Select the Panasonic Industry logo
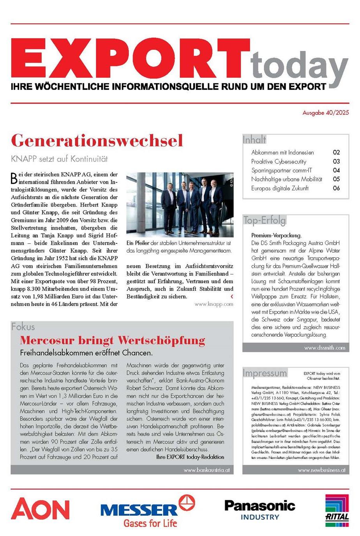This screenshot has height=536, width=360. (x=260, y=510)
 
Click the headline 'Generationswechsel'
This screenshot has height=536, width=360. (x=97, y=141)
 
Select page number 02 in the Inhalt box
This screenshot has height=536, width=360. (x=336, y=153)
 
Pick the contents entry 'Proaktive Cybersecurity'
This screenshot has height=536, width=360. (x=279, y=162)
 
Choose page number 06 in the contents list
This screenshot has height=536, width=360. (x=336, y=188)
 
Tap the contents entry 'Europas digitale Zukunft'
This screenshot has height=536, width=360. (x=280, y=188)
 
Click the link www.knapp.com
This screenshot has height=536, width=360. (x=214, y=304)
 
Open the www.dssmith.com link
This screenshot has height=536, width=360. (x=325, y=348)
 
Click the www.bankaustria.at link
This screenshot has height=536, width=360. (x=206, y=470)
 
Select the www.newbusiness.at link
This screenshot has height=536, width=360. (x=321, y=470)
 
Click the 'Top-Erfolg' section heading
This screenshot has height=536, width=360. (x=265, y=220)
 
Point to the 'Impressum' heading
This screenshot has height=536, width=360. (x=265, y=373)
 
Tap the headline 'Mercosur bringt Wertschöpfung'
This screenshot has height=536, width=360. (x=113, y=340)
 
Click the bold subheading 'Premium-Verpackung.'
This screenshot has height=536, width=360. (x=276, y=235)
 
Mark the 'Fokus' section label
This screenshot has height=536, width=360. (x=23, y=327)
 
